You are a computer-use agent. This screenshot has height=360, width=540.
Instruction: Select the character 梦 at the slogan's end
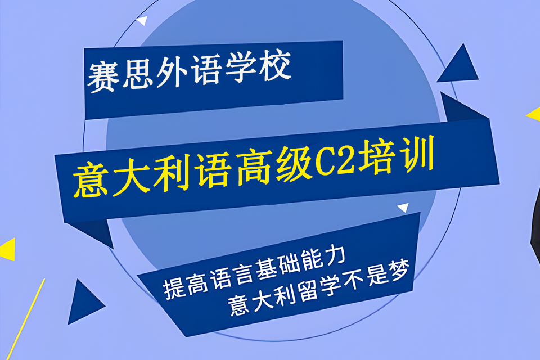point(403,272)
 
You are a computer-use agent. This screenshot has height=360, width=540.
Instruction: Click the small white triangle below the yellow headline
point(403,208)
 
